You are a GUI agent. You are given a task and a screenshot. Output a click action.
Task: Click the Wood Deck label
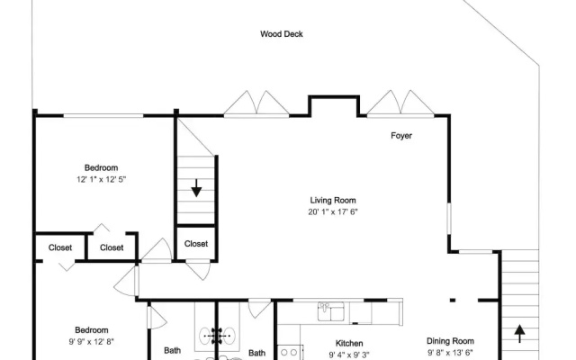click(282, 34)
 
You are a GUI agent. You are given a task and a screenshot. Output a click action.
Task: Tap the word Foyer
click(401, 136)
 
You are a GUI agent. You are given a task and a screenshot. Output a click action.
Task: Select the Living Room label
click(333, 200)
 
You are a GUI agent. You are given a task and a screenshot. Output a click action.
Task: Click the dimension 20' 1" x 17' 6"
click(333, 212)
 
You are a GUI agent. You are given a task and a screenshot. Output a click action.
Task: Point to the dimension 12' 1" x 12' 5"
click(101, 179)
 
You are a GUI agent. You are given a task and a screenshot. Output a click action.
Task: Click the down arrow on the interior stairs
click(196, 188)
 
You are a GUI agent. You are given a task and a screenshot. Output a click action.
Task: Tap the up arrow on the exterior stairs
click(519, 334)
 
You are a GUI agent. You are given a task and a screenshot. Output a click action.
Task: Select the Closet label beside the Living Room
click(196, 244)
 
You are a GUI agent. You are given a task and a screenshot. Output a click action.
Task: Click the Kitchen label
click(349, 344)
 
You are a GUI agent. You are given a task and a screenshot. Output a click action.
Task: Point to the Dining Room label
click(450, 341)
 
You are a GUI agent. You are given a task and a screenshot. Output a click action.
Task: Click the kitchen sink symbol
click(330, 311)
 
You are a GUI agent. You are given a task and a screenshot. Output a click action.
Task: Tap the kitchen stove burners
click(288, 353)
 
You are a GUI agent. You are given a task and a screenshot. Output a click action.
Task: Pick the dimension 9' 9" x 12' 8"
click(92, 342)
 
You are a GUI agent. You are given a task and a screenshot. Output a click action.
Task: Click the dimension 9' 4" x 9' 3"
click(349, 355)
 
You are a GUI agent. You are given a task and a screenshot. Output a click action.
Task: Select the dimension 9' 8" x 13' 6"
click(450, 353)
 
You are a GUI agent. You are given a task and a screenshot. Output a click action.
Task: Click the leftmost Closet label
click(60, 247)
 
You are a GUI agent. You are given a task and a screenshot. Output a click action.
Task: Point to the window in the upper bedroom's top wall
click(103, 116)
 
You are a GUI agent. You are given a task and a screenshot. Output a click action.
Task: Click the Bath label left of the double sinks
click(172, 350)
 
